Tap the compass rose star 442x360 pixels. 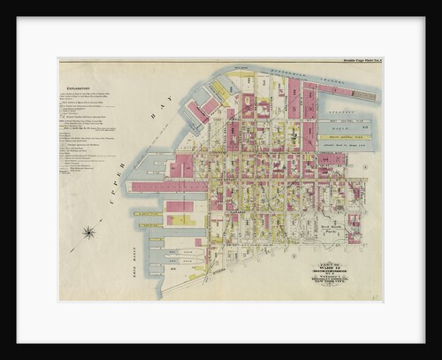[88, 233]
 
